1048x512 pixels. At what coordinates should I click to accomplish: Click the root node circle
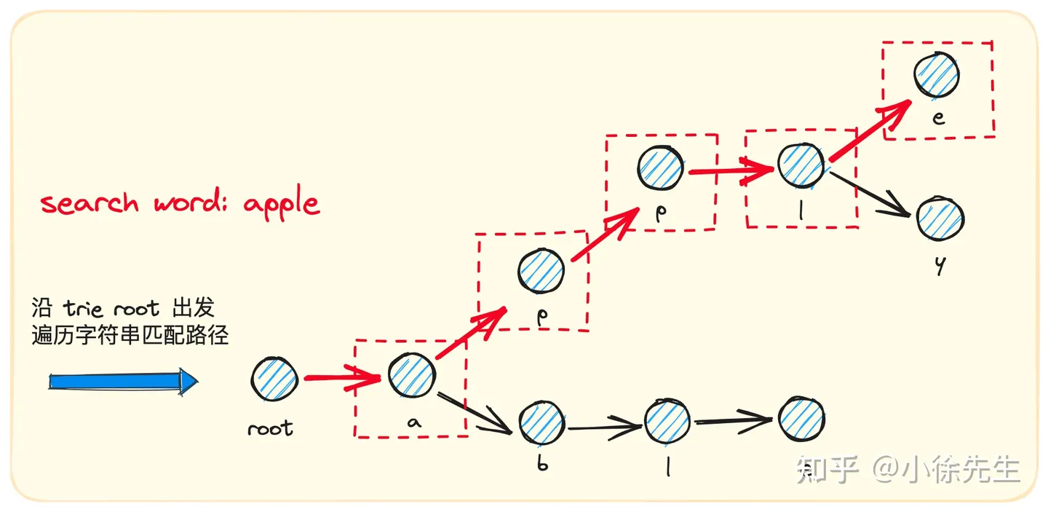point(274,379)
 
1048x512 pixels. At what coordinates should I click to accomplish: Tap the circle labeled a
point(411,375)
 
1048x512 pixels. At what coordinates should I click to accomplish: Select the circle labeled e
point(937,74)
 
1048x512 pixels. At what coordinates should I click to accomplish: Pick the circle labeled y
point(940,218)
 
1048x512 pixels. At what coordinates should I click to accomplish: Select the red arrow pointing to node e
point(869,131)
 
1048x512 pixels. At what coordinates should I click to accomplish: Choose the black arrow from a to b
point(476,412)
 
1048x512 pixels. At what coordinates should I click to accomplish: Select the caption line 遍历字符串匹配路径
point(130,335)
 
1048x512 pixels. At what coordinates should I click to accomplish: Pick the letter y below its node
point(940,267)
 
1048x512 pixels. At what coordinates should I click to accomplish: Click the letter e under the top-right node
point(939,119)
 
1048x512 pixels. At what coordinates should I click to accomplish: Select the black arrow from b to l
point(603,428)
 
